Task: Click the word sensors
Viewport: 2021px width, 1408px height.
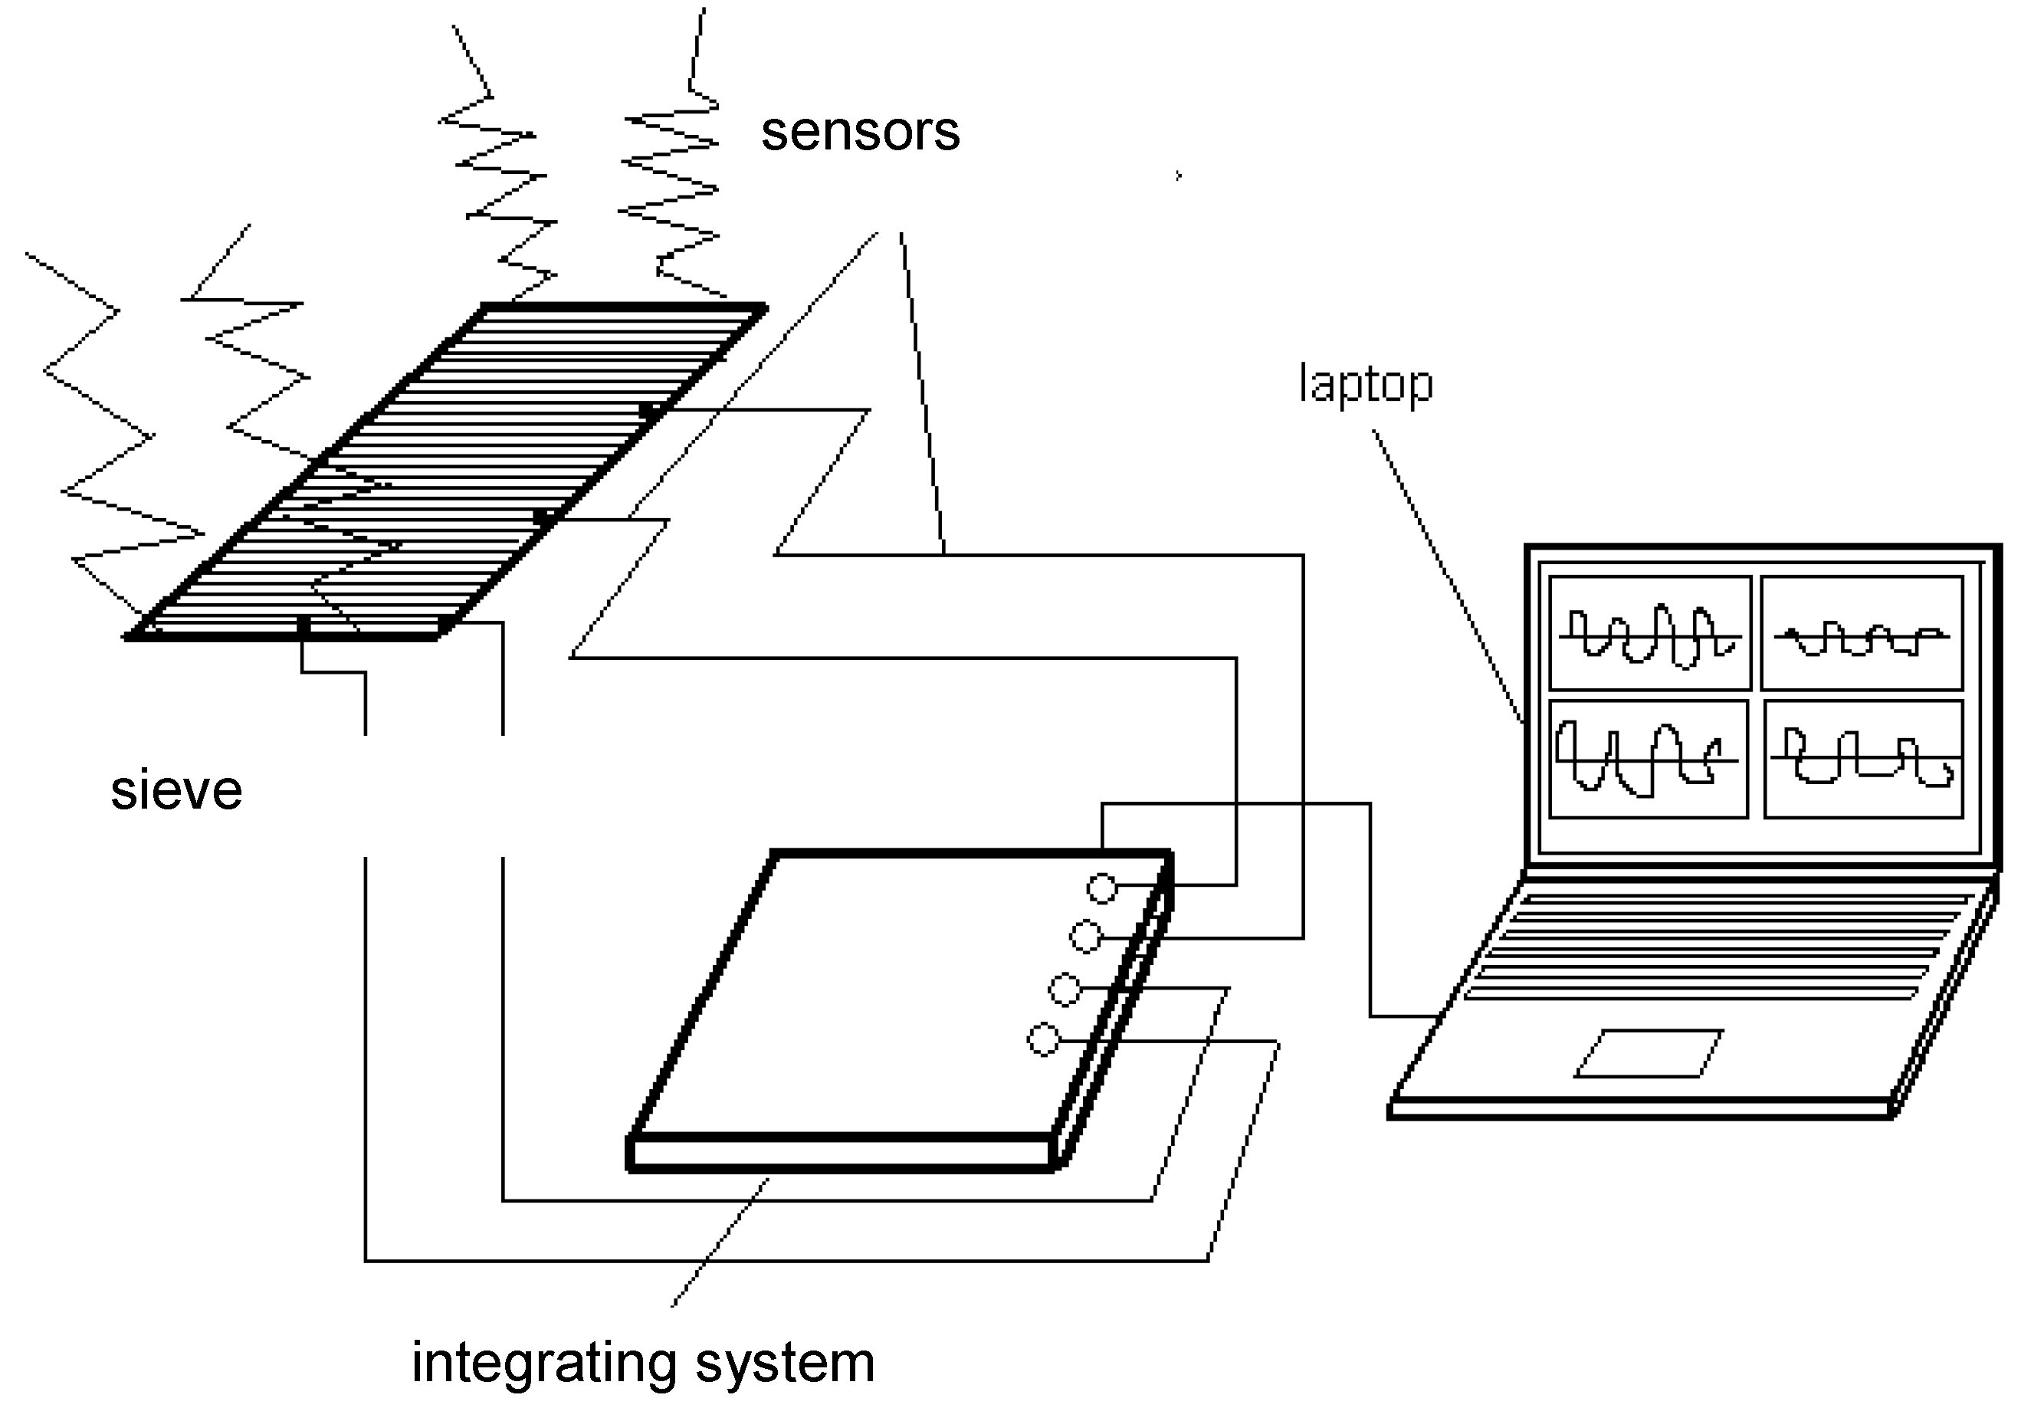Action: [860, 132]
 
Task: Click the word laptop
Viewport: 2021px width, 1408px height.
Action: [1365, 385]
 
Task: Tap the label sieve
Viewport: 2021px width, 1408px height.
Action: [176, 790]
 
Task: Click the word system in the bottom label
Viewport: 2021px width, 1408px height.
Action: [785, 1362]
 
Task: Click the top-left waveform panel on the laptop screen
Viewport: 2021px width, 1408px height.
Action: [1649, 633]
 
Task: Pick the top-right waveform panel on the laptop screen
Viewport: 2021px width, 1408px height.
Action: [1862, 633]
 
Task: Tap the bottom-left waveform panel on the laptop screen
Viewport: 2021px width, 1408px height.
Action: [1648, 759]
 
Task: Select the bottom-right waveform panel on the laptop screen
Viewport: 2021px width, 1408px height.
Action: [1863, 759]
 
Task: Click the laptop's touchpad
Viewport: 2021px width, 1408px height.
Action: [1649, 1053]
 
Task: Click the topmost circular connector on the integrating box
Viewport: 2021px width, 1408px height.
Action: [1102, 888]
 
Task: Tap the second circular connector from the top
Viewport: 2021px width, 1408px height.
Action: [1085, 937]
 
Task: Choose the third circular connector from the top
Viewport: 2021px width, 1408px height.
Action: [1065, 990]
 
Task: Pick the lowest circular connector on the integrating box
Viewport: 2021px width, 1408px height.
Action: [1044, 1040]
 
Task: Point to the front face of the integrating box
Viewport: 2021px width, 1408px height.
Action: [841, 1154]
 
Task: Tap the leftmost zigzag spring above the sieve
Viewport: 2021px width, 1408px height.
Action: [97, 422]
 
